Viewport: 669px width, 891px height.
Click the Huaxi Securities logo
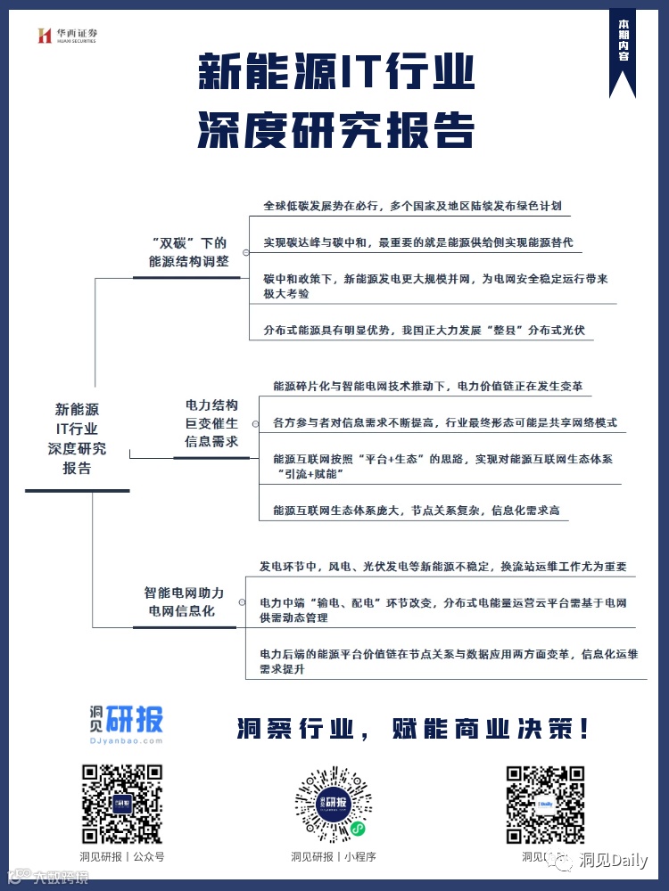pyautogui.click(x=67, y=36)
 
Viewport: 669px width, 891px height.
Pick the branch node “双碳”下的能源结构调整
pyautogui.click(x=188, y=252)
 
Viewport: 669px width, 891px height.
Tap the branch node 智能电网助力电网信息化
pyautogui.click(x=185, y=601)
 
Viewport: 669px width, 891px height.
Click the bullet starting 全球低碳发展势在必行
pyautogui.click(x=412, y=206)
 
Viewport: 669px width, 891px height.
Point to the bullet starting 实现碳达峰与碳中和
pyautogui.click(x=417, y=242)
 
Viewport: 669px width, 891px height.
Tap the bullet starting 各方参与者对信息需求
pyautogui.click(x=444, y=422)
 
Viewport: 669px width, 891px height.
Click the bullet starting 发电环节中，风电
pyautogui.click(x=442, y=567)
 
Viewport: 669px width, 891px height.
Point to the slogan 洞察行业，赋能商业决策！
pyautogui.click(x=413, y=730)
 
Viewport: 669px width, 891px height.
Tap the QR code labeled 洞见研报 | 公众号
pyautogui.click(x=121, y=804)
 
